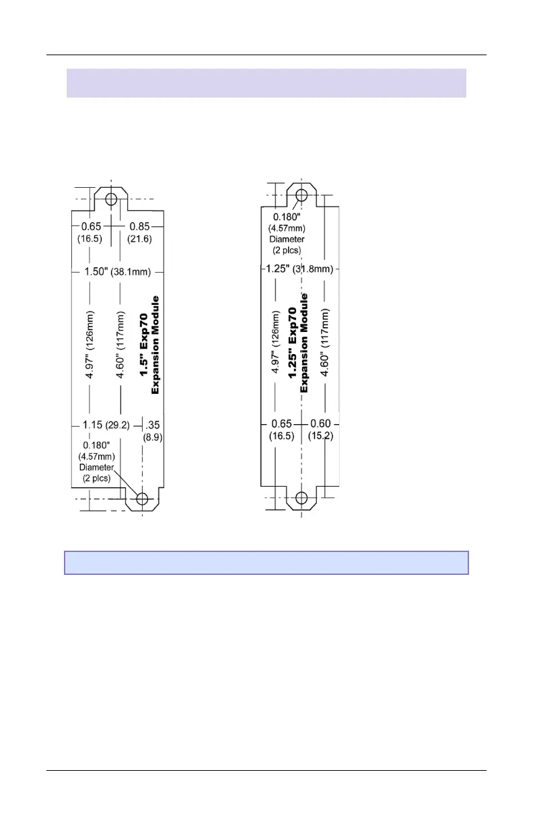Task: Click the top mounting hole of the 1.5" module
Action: pos(111,199)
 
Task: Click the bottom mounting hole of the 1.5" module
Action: pos(142,499)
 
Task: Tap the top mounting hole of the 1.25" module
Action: pos(301,195)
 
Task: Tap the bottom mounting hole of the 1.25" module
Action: pos(301,498)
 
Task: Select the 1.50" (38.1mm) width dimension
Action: pos(118,272)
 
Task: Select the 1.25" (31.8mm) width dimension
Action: pos(299,269)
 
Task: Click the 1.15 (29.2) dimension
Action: pos(106,425)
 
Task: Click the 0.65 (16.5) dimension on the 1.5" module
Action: pos(92,233)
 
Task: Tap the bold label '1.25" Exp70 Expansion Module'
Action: pos(297,343)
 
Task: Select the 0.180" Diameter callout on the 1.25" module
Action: pos(287,233)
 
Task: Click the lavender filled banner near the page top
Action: pos(266,83)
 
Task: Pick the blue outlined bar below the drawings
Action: pos(266,563)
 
